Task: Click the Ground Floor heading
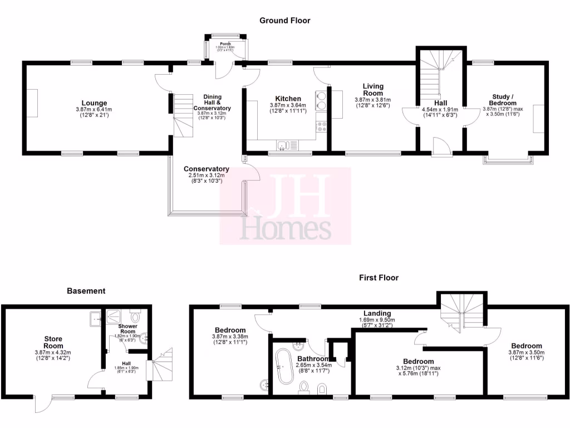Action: pos(284,21)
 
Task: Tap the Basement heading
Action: pos(86,290)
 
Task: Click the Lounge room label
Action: pos(94,103)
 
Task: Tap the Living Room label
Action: pos(373,90)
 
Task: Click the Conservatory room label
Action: pos(207,169)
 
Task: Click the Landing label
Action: pos(377,313)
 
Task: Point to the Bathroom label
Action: pos(311,358)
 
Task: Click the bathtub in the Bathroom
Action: pos(284,368)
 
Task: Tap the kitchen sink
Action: pos(283,146)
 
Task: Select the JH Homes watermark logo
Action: pos(286,207)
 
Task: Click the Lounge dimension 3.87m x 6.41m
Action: pos(94,109)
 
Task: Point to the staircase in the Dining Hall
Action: pos(183,115)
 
